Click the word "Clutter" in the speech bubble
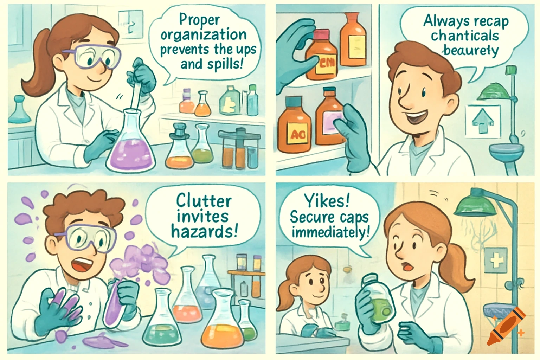(204, 201)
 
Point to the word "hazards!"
(204, 232)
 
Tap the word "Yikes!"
(327, 201)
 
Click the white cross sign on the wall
(496, 261)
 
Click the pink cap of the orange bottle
(321, 34)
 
